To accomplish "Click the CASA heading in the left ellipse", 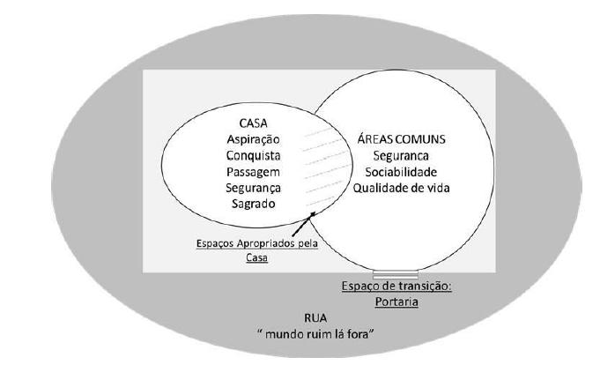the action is click(253, 123).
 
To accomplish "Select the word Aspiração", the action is click(253, 139).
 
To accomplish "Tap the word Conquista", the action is click(253, 155).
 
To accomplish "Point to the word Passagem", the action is click(253, 171).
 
